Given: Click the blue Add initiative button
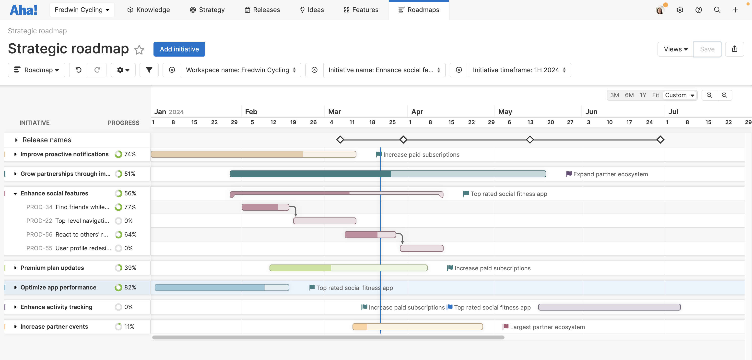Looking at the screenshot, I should pos(179,49).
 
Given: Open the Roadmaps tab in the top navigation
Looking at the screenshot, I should pos(419,10).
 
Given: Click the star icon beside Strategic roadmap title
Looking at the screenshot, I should pos(139,50).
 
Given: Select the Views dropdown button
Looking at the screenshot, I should pos(675,49).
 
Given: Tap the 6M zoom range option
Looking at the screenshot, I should pos(629,95).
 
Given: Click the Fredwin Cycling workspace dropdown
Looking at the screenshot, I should pos(82,10).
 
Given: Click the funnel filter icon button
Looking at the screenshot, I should pos(149,70).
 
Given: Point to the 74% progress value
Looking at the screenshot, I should pos(130,154).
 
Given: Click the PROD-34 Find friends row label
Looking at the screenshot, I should pos(68,207).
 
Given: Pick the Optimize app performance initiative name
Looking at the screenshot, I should pos(59,287).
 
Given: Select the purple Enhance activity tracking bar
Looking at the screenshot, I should pos(609,307).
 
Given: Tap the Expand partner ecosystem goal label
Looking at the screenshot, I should pos(610,174).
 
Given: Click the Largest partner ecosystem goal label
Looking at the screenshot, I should pos(547,327).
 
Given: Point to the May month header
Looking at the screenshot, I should pos(505,112).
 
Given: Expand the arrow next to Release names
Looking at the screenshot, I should pos(16,140).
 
